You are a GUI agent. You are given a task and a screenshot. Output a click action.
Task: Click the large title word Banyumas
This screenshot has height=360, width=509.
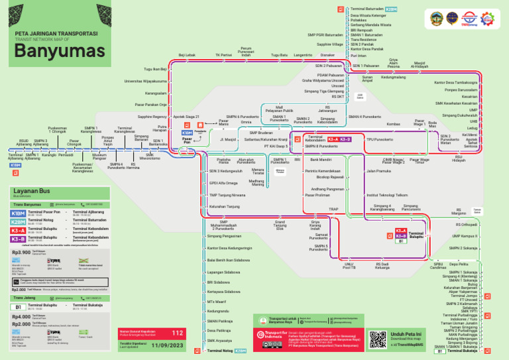click(60, 51)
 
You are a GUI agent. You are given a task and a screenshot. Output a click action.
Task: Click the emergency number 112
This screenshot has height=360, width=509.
click(177, 332)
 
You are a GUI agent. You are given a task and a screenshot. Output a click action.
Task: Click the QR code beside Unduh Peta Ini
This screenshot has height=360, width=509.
click(378, 338)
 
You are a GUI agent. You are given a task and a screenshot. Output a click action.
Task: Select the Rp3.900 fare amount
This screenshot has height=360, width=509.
click(21, 252)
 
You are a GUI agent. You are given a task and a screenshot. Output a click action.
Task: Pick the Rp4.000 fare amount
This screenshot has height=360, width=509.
click(21, 316)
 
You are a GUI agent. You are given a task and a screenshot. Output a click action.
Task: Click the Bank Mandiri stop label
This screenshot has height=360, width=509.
click(321, 160)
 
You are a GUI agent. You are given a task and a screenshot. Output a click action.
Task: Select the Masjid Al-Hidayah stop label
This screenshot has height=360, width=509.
click(420, 65)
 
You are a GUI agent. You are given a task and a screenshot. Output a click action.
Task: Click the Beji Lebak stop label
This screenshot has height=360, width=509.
click(187, 55)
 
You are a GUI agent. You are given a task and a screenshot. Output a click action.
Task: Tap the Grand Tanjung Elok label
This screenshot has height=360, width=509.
click(280, 225)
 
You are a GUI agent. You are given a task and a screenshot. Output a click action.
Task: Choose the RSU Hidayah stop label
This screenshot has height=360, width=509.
click(459, 158)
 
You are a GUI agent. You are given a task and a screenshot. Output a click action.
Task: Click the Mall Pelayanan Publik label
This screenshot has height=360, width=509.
click(279, 108)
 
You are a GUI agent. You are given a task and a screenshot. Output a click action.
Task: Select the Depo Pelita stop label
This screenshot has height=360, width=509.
click(459, 264)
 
